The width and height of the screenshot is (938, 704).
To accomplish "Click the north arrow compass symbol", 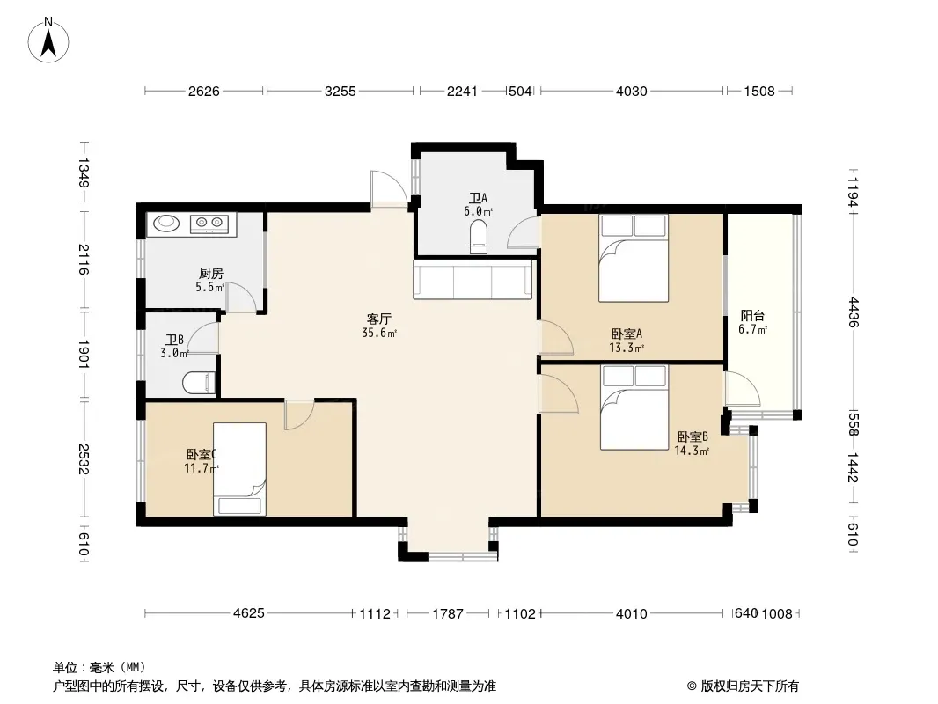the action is [x=48, y=40].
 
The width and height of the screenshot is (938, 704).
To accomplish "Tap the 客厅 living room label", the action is [x=378, y=319].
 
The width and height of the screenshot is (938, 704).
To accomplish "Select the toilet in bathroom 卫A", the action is [x=479, y=237].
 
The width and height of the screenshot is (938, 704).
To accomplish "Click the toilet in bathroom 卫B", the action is [x=199, y=383].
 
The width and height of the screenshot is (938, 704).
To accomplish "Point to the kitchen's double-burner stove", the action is [x=209, y=224].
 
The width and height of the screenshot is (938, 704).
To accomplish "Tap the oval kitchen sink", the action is [x=166, y=224].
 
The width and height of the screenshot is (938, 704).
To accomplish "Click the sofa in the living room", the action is [x=473, y=279].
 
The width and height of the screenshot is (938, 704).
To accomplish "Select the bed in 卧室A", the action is [x=634, y=259].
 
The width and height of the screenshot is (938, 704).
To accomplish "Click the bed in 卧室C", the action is [x=240, y=469].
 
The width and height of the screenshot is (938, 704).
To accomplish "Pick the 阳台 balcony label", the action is [x=752, y=316].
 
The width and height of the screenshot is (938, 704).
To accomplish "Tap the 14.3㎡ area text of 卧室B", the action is [x=692, y=451].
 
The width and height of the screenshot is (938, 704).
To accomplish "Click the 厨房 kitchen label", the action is [x=210, y=274].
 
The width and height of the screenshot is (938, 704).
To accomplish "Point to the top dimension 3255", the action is [x=340, y=91].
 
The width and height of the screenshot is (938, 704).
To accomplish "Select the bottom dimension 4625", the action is [x=248, y=613].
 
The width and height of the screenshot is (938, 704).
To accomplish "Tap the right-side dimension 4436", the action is [x=853, y=312].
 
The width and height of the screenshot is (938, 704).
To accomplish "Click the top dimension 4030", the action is [x=632, y=91].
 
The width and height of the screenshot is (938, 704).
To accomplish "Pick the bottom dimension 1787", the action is [x=448, y=613].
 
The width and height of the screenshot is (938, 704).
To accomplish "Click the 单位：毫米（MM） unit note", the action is [x=99, y=667].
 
